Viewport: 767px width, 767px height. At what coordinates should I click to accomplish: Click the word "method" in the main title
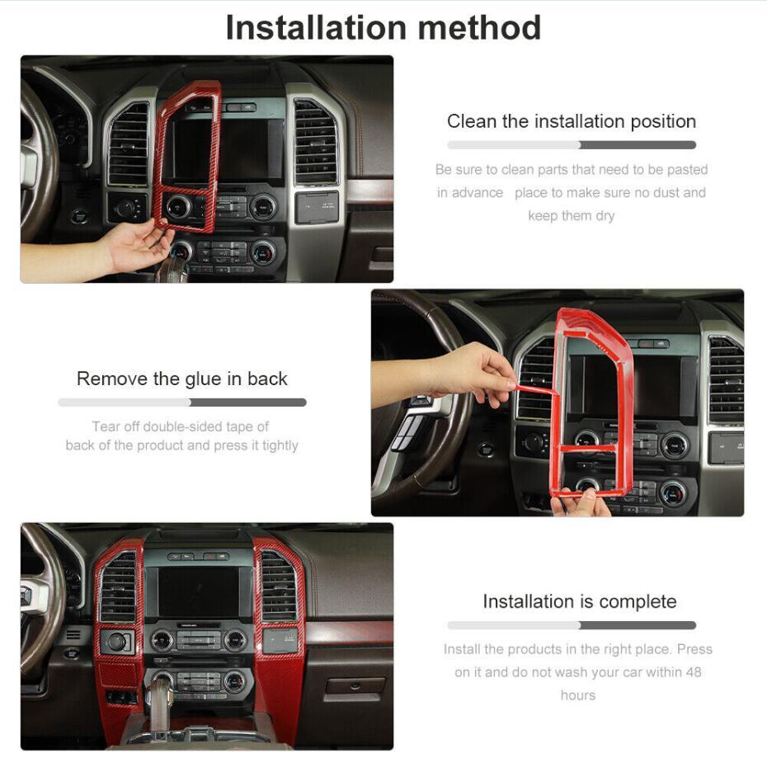click(479, 28)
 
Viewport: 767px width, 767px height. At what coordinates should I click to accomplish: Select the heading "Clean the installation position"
click(572, 121)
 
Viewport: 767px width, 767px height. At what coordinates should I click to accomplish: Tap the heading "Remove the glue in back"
click(182, 379)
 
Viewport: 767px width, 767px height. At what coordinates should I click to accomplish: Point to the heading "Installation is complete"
click(580, 601)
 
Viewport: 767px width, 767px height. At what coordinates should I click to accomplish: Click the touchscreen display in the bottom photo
click(200, 592)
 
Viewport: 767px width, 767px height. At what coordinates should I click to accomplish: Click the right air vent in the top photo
click(316, 142)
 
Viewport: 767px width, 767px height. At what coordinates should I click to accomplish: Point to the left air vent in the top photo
click(128, 144)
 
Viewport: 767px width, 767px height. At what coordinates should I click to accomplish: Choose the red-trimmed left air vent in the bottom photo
click(119, 587)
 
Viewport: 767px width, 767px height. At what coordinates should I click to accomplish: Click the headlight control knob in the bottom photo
click(116, 642)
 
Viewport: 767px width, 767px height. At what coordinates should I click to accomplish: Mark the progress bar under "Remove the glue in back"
click(182, 402)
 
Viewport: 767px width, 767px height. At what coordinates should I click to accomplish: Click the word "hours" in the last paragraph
click(577, 695)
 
